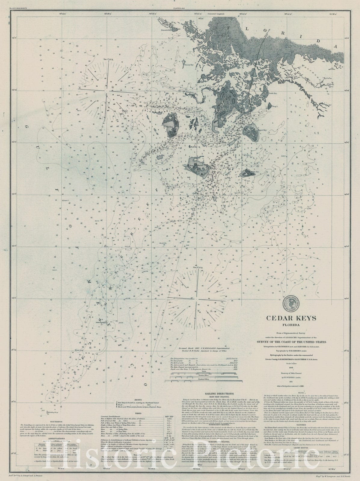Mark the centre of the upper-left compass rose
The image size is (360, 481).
[106, 89]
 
